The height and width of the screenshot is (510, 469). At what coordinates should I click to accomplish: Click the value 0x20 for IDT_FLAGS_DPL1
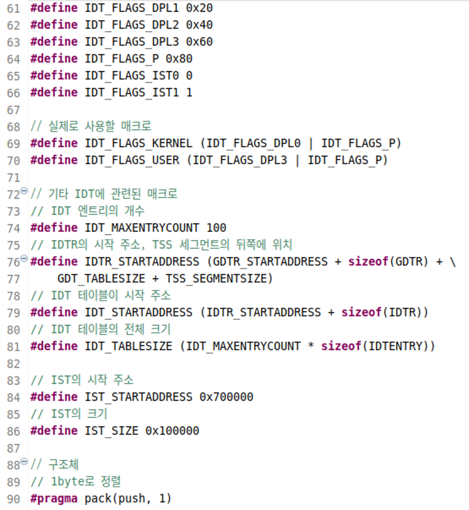coord(199,8)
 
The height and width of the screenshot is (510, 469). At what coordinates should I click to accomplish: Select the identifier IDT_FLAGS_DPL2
coord(131,25)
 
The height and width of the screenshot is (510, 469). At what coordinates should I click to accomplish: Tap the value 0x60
coord(199,42)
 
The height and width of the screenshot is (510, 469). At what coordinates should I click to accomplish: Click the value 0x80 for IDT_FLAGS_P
coord(179,59)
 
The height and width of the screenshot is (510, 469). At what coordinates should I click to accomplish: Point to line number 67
coord(14,110)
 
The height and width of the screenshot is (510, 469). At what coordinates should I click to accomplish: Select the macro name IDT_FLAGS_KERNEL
coord(138,143)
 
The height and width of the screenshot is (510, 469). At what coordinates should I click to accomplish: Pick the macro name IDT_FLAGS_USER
coord(131,160)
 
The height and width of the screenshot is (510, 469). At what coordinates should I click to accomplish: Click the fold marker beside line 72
coord(24,191)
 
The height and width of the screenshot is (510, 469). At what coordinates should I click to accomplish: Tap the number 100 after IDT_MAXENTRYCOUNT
coord(216,228)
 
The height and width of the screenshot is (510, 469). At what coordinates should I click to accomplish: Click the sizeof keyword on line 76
coord(368,262)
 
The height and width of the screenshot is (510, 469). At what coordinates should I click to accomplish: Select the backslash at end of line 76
coord(453,262)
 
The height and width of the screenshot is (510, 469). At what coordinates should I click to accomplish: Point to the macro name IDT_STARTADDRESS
coord(138,313)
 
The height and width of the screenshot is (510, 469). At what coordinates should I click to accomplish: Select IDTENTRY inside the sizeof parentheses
coord(395,346)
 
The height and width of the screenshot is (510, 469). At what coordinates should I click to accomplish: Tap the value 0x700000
coord(226,397)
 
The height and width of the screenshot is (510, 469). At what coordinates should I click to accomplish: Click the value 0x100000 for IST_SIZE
coord(172,431)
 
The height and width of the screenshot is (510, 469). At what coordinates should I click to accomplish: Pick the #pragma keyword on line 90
coord(54,499)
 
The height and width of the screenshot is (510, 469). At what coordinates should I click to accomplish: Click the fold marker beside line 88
coord(24,461)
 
